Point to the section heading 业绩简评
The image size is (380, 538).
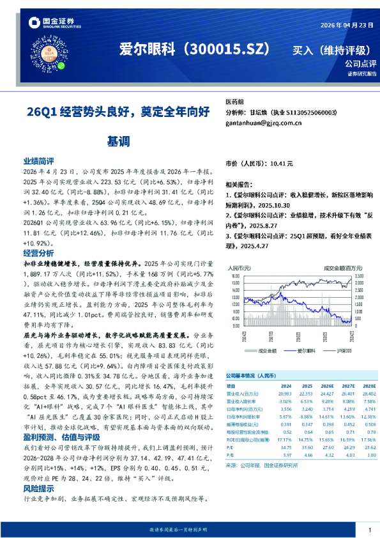point(38,163)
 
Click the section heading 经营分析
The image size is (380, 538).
point(38,253)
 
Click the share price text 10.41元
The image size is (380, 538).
point(282,164)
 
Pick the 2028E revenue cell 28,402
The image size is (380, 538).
point(368,394)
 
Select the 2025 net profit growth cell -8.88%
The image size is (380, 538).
point(306,417)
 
